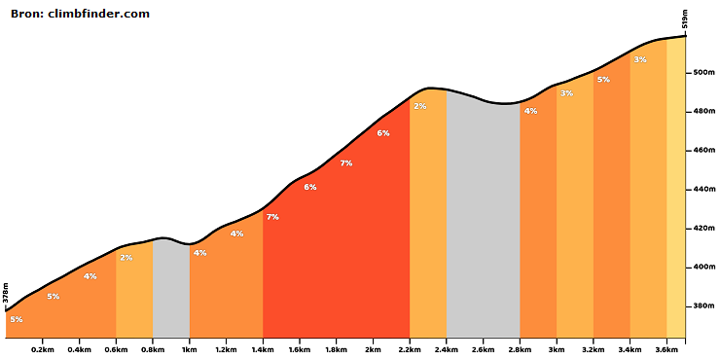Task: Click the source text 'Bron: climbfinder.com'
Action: pyautogui.click(x=81, y=14)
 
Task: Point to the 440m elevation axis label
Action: pyautogui.click(x=702, y=189)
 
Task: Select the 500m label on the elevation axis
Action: pyautogui.click(x=702, y=73)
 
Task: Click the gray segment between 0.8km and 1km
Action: pyautogui.click(x=171, y=288)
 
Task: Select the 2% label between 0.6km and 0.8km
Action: pyautogui.click(x=126, y=258)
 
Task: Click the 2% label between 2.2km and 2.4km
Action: pyautogui.click(x=420, y=106)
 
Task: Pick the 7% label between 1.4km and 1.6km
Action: pyautogui.click(x=272, y=217)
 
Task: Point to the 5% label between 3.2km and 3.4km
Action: pyautogui.click(x=603, y=80)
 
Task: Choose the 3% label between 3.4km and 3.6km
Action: pyautogui.click(x=640, y=59)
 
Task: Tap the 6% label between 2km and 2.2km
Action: pyautogui.click(x=383, y=133)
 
